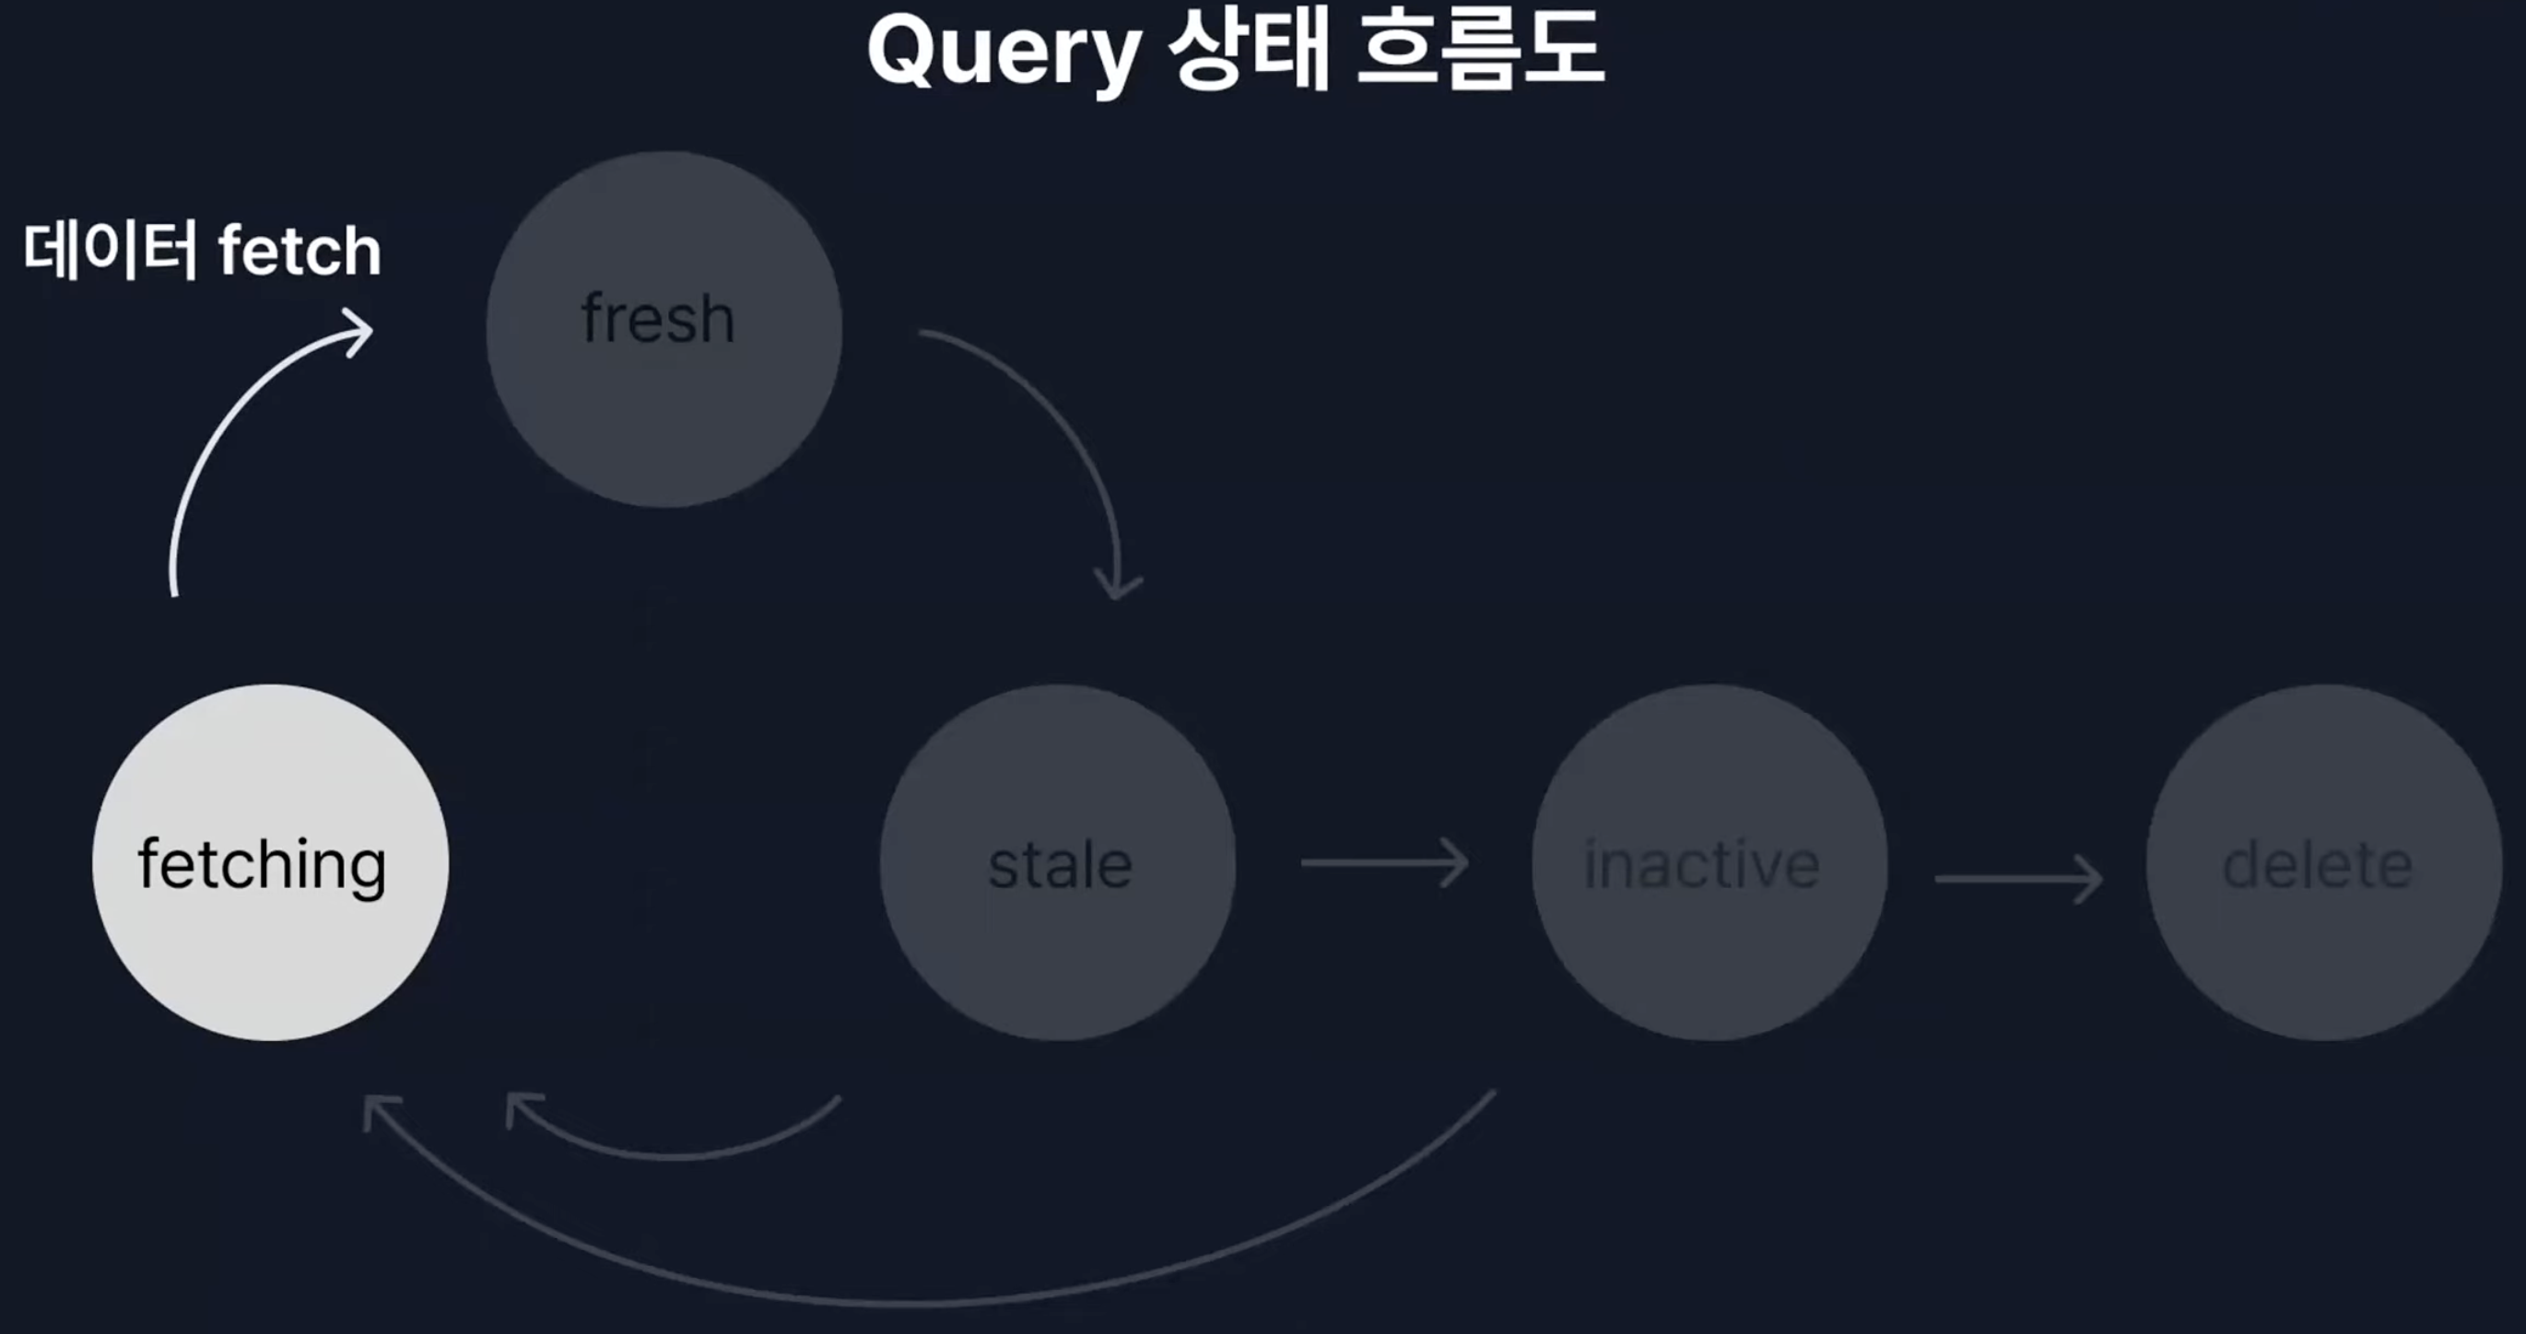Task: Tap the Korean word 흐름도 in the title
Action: click(x=1480, y=51)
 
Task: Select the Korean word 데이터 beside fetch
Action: click(x=110, y=250)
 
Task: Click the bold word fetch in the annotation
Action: click(x=300, y=252)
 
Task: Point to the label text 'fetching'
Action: click(x=262, y=865)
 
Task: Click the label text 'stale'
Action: click(x=1060, y=865)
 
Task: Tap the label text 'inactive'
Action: click(x=1702, y=865)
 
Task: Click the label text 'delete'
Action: click(x=2317, y=865)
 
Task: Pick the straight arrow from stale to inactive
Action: click(x=1383, y=862)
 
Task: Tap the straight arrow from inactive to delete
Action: click(x=2018, y=878)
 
